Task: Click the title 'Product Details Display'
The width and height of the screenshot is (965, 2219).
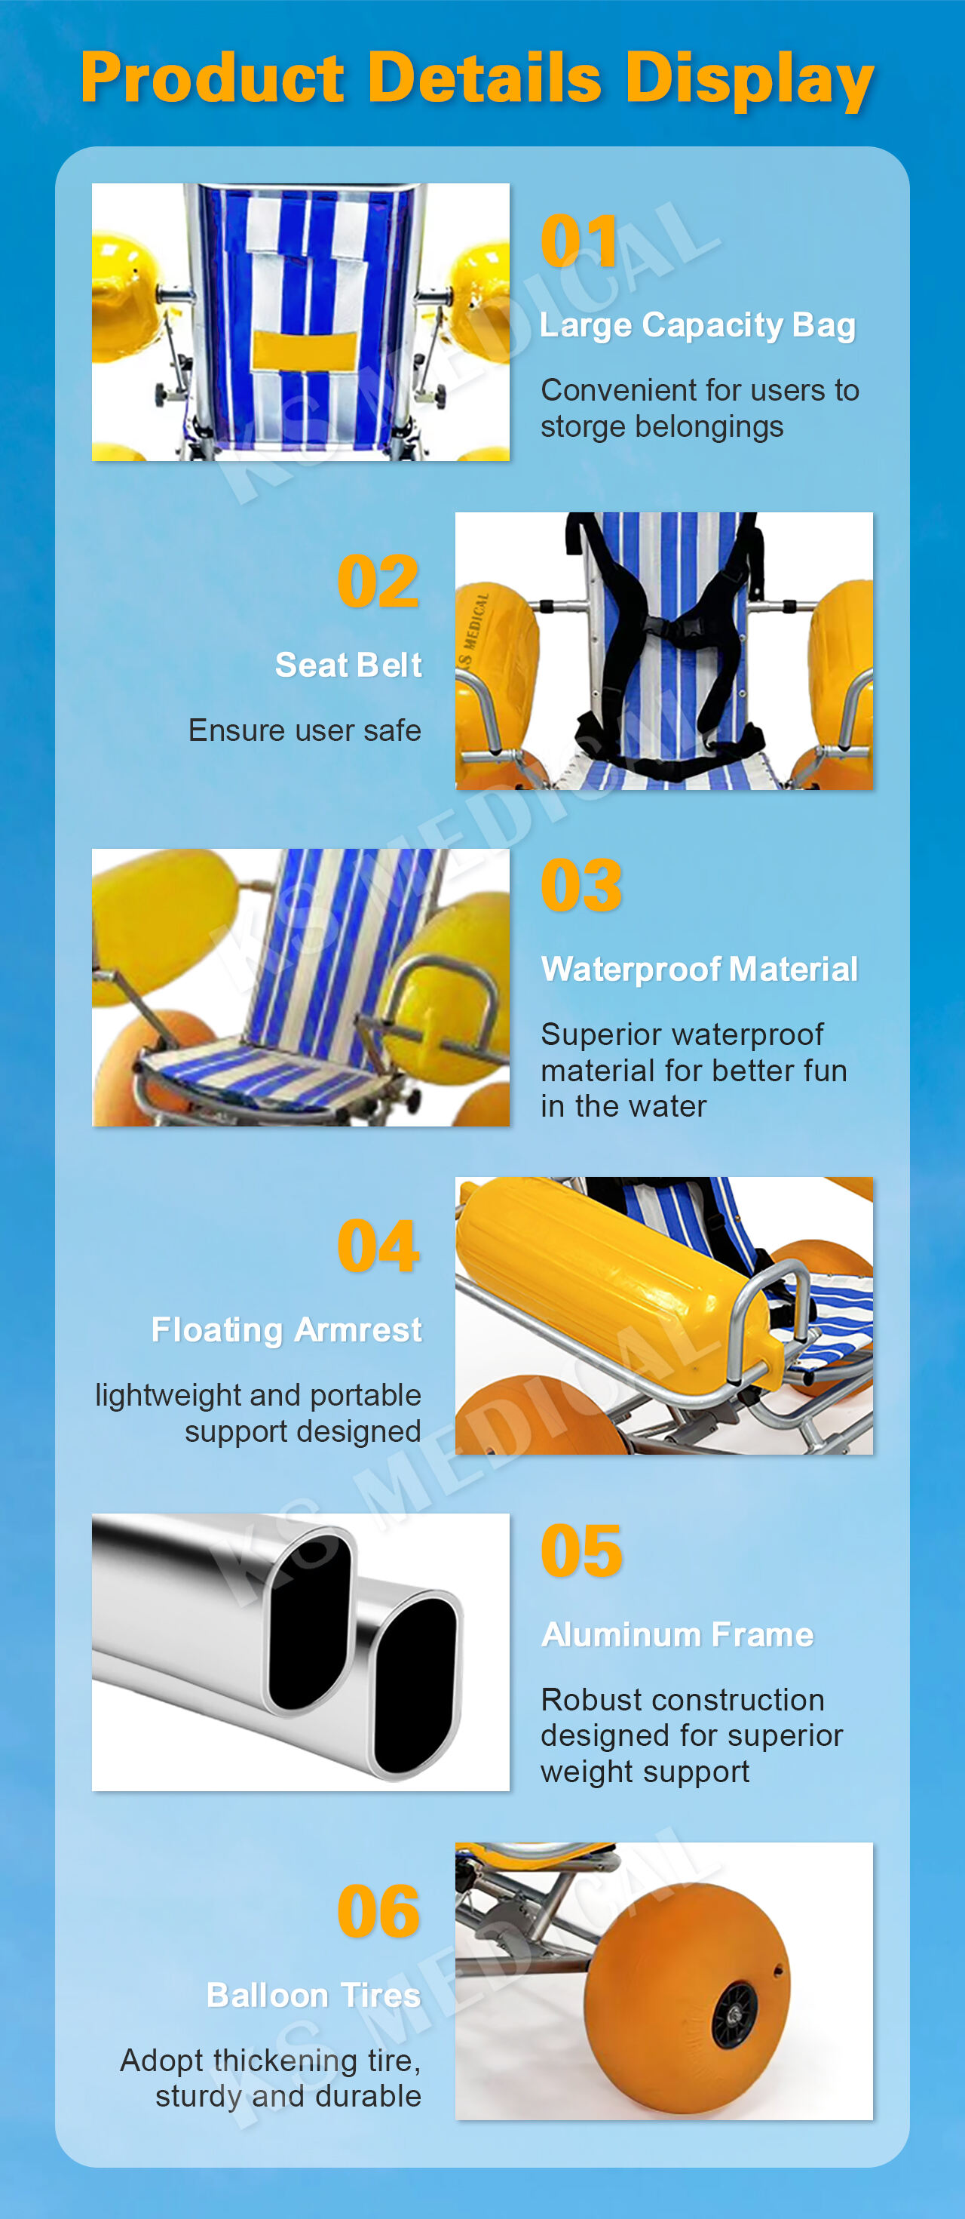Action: click(478, 79)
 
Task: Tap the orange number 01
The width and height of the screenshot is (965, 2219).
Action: click(579, 241)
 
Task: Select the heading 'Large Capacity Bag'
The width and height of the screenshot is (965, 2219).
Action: click(697, 326)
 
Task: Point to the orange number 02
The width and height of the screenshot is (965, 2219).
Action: click(378, 582)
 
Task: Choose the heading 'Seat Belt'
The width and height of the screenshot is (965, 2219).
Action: click(348, 665)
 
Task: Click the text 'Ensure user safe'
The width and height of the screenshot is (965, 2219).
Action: click(305, 730)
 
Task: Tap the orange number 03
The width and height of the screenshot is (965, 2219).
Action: click(581, 886)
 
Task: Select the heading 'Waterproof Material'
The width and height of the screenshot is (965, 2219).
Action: click(699, 969)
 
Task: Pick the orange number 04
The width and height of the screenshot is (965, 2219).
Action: click(378, 1246)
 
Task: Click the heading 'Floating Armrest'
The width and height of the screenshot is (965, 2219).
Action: click(286, 1330)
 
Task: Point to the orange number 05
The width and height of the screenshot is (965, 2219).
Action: click(581, 1551)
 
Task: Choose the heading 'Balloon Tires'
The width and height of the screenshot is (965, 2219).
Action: click(314, 1995)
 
